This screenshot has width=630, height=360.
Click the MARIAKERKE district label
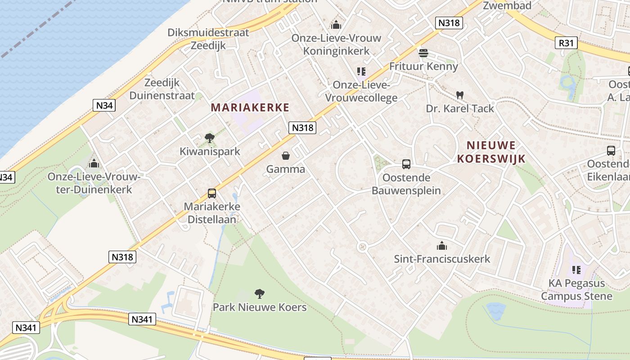pos(250,108)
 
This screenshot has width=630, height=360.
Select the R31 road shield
pos(566,43)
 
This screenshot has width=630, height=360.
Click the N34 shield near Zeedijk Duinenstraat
pos(104,106)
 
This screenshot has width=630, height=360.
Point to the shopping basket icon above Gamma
pos(285,156)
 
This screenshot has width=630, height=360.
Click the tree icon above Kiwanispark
pos(209,138)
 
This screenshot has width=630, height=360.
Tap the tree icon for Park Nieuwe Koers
pos(259,294)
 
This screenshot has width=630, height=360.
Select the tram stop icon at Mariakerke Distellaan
pos(212,193)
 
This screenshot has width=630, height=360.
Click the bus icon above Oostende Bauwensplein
pos(406,164)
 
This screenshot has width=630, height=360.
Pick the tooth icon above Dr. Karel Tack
pos(459,95)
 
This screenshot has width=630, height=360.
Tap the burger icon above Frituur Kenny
pos(423,53)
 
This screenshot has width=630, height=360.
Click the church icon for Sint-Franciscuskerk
pos(441,246)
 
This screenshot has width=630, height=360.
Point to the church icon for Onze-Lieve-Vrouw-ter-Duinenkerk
pos(94,163)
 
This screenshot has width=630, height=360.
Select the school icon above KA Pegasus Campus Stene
pos(576,270)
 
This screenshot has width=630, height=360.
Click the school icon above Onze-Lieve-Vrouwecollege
pos(361,72)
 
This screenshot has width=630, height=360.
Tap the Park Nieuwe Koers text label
pos(259,307)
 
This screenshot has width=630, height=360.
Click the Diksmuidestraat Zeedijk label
pos(208,39)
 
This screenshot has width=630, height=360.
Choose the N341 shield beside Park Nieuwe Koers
pos(143,319)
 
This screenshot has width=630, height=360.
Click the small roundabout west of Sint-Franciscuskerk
pos(362,247)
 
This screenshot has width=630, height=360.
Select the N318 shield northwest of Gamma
pos(302,128)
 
